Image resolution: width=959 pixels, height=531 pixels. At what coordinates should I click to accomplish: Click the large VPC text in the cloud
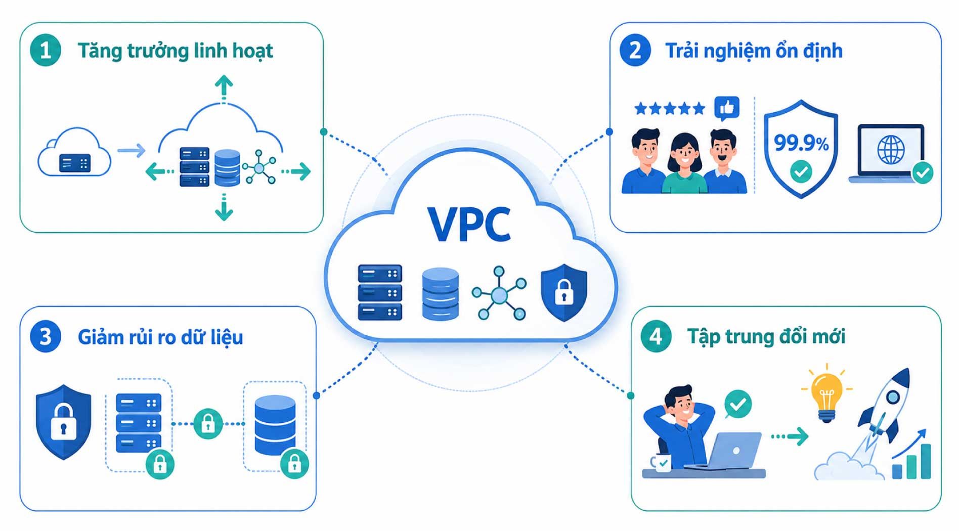click(469, 225)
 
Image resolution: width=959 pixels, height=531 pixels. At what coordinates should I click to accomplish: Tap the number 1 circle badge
click(46, 51)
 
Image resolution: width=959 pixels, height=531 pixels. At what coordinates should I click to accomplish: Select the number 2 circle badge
click(635, 51)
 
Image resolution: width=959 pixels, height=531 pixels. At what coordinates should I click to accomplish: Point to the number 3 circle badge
click(46, 337)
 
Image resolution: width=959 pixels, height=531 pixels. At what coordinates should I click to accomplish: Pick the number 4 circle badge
click(656, 336)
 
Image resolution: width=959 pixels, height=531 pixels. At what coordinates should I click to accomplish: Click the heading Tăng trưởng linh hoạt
click(175, 51)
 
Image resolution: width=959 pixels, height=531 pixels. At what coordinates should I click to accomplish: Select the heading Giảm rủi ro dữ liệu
click(160, 337)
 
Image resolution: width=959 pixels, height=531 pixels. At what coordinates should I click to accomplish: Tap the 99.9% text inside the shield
click(801, 143)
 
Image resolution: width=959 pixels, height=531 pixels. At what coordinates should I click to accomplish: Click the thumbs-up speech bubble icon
click(727, 109)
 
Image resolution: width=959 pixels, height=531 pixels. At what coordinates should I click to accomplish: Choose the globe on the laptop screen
click(891, 150)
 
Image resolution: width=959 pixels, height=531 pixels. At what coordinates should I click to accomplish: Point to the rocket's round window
click(893, 397)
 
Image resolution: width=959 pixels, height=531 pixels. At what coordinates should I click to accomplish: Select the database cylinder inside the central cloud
click(441, 294)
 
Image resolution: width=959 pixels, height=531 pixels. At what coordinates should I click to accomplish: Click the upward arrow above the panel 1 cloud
click(224, 88)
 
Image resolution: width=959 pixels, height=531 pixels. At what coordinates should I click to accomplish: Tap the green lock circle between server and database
click(208, 423)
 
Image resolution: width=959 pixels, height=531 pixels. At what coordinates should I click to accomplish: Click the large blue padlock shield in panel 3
click(64, 422)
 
